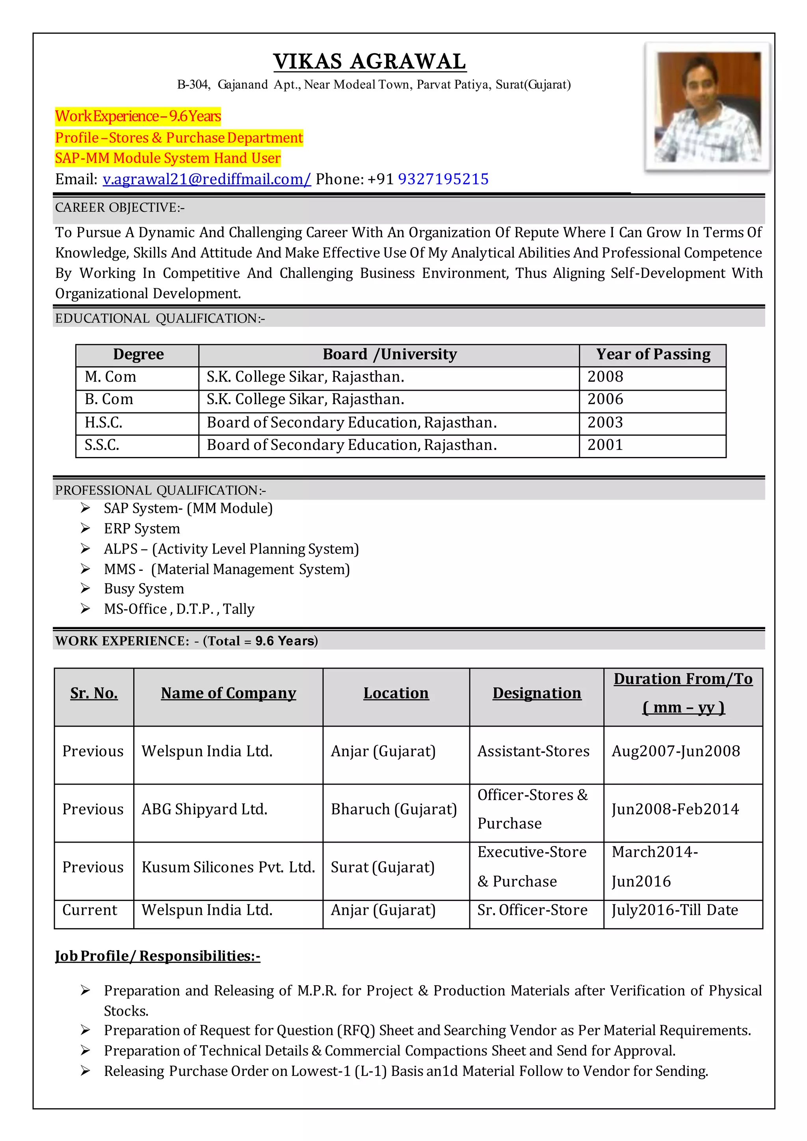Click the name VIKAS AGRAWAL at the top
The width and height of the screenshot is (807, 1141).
[369, 62]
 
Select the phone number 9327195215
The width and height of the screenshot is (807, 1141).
[443, 179]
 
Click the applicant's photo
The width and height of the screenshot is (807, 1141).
[708, 107]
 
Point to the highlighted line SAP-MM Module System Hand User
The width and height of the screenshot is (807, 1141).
[167, 158]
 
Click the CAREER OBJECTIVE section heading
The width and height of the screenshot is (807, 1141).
[119, 207]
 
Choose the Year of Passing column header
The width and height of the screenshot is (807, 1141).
[653, 354]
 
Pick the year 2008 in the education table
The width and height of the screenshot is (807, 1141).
[605, 377]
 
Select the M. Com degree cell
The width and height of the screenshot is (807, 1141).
[110, 377]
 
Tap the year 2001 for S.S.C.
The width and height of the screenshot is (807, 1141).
[605, 445]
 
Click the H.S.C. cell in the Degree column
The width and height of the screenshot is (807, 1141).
[103, 423]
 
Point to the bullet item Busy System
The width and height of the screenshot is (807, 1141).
[143, 589]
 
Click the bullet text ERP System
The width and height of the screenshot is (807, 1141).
[141, 528]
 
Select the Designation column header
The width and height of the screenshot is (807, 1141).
[537, 693]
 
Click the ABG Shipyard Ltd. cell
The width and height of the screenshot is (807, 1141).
[204, 809]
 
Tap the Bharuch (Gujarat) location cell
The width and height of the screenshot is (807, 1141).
[394, 809]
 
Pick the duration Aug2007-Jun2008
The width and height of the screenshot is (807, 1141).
[676, 751]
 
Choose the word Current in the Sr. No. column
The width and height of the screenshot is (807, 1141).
[89, 910]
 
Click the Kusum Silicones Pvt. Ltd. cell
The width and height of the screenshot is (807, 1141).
[228, 867]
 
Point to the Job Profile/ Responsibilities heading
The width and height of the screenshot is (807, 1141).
[158, 956]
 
